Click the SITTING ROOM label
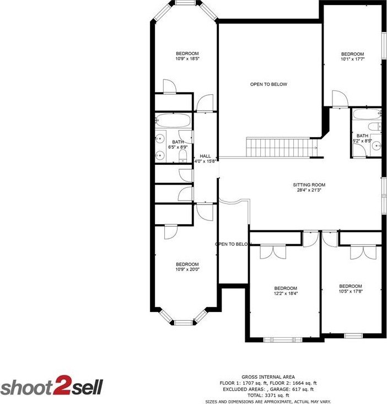[309, 185]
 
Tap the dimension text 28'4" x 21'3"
[309, 191]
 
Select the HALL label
[205, 156]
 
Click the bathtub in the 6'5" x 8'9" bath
[173, 121]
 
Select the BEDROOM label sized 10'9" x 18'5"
[187, 53]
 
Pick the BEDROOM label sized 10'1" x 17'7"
[352, 54]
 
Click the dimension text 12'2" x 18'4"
[286, 294]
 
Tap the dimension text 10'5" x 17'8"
[350, 292]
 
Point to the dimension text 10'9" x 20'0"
[187, 270]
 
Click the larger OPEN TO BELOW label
[268, 84]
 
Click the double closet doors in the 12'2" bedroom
[273, 251]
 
